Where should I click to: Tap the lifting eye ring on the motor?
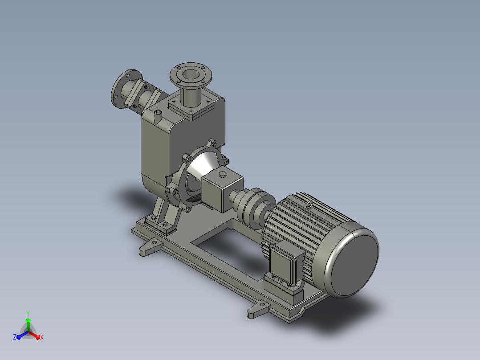click(x=309, y=205)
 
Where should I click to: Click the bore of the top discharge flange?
click(x=191, y=74)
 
